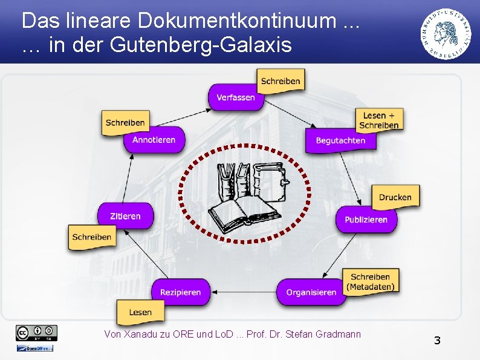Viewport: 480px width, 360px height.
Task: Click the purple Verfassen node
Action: coord(236,97)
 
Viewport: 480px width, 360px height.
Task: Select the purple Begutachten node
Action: coord(340,140)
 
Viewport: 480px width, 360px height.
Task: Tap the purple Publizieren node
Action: coord(366,220)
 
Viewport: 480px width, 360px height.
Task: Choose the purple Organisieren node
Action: coord(311,292)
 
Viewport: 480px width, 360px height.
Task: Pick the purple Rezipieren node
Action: coord(180,292)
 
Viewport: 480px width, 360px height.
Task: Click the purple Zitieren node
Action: coord(125,216)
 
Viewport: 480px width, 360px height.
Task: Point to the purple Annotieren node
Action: coord(154,140)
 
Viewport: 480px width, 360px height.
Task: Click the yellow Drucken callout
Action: coord(395,197)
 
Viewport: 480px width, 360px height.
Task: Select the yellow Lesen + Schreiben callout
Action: coord(379,120)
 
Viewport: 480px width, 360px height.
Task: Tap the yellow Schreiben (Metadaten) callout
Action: coord(371,282)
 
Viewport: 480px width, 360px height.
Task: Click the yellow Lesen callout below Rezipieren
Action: coord(140,312)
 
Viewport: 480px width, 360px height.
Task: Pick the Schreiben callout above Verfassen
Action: coord(281,81)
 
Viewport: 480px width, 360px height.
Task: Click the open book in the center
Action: coord(242,215)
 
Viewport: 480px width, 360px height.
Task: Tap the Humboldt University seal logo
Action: coord(448,33)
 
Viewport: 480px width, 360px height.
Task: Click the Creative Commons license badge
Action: coord(37,332)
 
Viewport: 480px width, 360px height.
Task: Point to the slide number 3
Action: coord(437,341)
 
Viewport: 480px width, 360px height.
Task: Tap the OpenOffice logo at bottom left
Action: coord(35,348)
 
